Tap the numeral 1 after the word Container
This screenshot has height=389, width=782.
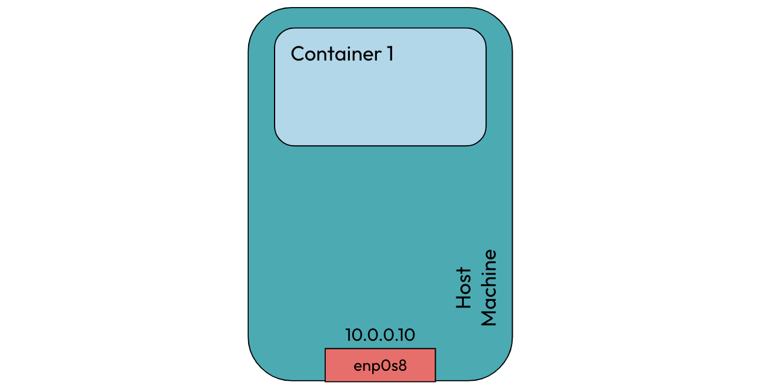tap(389, 54)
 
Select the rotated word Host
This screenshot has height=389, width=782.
tap(464, 288)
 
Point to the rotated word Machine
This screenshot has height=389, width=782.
tap(489, 288)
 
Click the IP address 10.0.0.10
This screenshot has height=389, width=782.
tap(380, 335)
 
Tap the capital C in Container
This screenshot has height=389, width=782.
tap(298, 54)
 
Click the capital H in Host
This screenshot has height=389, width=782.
tap(464, 302)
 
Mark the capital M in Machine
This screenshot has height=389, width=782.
tap(489, 317)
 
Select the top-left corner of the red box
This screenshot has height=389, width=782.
tap(326, 349)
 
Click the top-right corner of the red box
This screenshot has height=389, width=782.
tap(435, 349)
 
